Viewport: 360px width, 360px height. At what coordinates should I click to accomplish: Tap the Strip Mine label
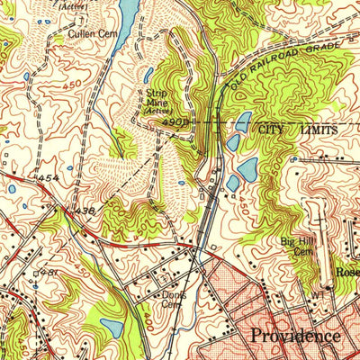pyautogui.click(x=151, y=97)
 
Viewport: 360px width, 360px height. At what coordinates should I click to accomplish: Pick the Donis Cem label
pyautogui.click(x=173, y=299)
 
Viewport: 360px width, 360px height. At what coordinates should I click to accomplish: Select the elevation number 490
pyautogui.click(x=174, y=121)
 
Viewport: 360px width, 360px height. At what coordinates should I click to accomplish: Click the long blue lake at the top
pyautogui.click(x=129, y=13)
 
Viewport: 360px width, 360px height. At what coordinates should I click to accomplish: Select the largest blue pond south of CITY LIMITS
pyautogui.click(x=247, y=167)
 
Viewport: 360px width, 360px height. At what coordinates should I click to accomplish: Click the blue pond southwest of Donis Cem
pyautogui.click(x=113, y=328)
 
